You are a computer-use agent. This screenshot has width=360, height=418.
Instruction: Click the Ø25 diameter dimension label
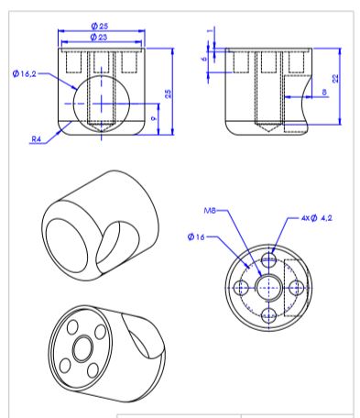100,26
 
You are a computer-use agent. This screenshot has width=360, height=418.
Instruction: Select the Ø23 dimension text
99,38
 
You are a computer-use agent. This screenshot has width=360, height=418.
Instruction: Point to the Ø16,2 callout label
25,73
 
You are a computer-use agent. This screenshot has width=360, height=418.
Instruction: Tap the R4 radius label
36,139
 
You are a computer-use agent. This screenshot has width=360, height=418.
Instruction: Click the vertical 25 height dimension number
169,93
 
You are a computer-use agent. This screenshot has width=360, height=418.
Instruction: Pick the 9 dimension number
155,118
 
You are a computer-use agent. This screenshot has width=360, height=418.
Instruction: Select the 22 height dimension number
335,79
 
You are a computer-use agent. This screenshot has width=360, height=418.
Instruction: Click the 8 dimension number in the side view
324,92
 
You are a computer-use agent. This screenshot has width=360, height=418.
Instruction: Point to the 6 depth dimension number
204,58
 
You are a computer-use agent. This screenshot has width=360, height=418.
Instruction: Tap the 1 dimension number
210,31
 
